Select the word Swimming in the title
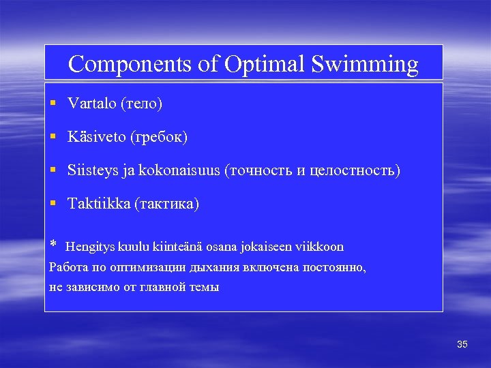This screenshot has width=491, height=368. pyautogui.click(x=365, y=64)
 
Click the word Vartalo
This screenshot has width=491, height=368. pyautogui.click(x=91, y=104)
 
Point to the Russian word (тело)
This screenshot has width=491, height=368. pyautogui.click(x=141, y=104)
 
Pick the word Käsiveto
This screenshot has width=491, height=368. pyautogui.click(x=96, y=137)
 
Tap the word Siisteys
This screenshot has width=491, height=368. pyautogui.click(x=93, y=170)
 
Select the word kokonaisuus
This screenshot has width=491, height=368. pyautogui.click(x=179, y=170)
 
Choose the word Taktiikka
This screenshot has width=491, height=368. pyautogui.click(x=98, y=204)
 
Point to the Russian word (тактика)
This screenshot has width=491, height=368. pyautogui.click(x=167, y=204)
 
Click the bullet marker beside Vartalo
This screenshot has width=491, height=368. pyautogui.click(x=53, y=104)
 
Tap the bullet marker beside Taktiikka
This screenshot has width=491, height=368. pyautogui.click(x=53, y=204)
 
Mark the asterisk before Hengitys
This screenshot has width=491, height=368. pyautogui.click(x=54, y=245)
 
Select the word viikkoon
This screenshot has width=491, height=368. pyautogui.click(x=320, y=247)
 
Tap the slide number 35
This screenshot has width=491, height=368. pyautogui.click(x=462, y=345)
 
